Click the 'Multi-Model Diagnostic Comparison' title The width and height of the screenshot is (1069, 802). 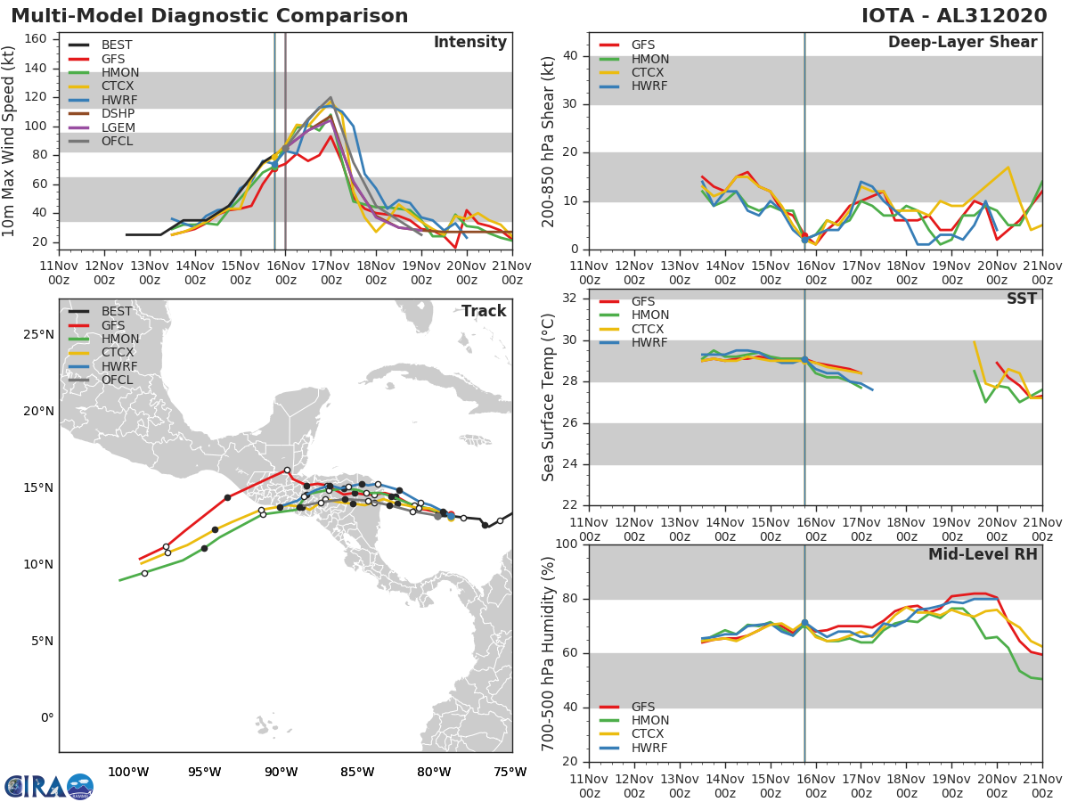point(209,16)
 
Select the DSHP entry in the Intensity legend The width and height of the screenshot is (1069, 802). point(118,113)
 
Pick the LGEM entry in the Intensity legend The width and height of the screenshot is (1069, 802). point(118,127)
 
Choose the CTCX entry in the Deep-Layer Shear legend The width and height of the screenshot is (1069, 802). point(649,73)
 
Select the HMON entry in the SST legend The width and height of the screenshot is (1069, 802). point(649,315)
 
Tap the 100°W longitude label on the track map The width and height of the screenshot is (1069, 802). point(128,772)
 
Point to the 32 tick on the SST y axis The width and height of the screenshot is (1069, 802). point(570,299)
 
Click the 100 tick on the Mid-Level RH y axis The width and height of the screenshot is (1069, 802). point(567,544)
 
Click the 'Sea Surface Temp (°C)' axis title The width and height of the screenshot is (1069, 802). point(549,397)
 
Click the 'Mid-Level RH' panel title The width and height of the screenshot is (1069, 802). point(982,554)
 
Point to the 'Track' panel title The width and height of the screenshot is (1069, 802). point(483,311)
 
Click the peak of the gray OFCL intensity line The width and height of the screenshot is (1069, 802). point(330,98)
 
